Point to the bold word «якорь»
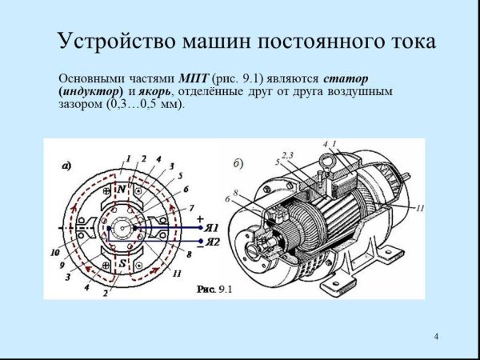coord(149,92)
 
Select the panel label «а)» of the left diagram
coord(67,166)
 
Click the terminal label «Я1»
coord(213,228)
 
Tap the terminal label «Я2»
coord(213,241)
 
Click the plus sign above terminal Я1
coord(200,218)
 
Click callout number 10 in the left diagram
coord(54,252)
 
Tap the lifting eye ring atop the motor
coord(326,160)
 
